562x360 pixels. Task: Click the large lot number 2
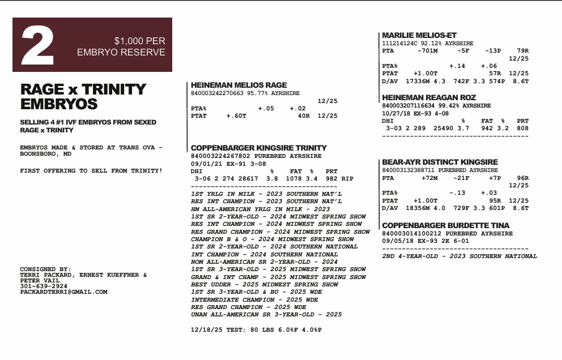pos(38,46)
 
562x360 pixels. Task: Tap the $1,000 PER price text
pos(139,41)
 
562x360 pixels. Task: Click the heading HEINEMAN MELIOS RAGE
pos(239,85)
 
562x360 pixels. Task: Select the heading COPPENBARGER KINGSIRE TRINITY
pos(259,148)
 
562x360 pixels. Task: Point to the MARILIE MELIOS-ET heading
pos(419,35)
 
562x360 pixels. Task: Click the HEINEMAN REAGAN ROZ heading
pos(429,98)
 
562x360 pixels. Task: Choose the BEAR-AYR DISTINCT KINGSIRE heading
pos(440,162)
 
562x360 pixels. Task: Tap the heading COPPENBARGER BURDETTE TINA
pos(445,225)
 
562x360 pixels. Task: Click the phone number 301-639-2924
pos(43,286)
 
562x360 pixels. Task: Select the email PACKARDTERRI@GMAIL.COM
pos(63,292)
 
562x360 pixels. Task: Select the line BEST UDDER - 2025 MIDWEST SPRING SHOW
pos(265,285)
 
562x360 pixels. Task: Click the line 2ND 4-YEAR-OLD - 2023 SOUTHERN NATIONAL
pos(459,256)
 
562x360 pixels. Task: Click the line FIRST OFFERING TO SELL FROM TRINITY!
pos(91,170)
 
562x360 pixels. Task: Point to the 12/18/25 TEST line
pos(256,329)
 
